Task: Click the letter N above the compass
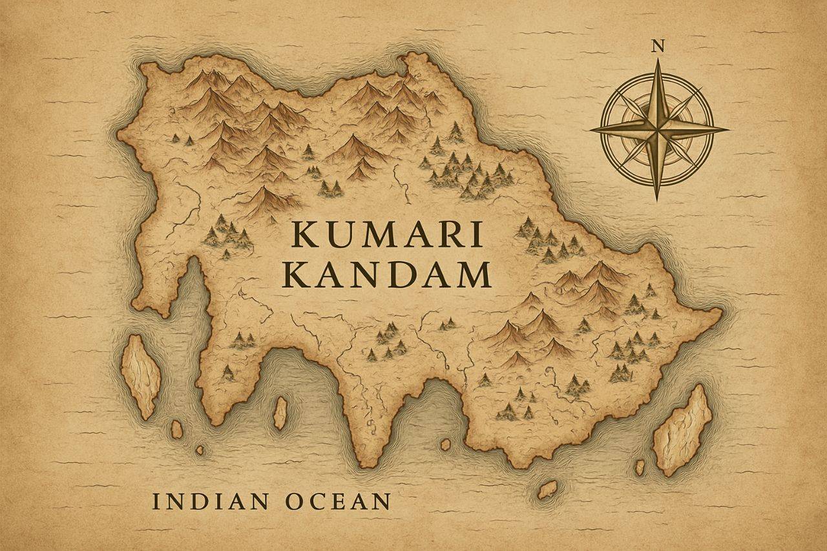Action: click(658, 45)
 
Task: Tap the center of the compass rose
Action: click(658, 129)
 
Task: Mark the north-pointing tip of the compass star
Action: click(658, 60)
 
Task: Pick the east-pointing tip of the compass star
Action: click(728, 129)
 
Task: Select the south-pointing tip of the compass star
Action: click(658, 199)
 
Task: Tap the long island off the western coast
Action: click(141, 375)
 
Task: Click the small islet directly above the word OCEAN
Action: click(280, 413)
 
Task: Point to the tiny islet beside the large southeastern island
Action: click(640, 466)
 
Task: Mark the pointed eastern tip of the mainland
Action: click(719, 314)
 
